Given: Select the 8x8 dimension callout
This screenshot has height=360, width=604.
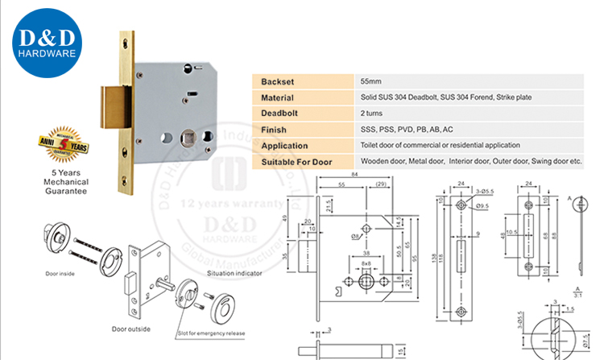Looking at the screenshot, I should [366, 263].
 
